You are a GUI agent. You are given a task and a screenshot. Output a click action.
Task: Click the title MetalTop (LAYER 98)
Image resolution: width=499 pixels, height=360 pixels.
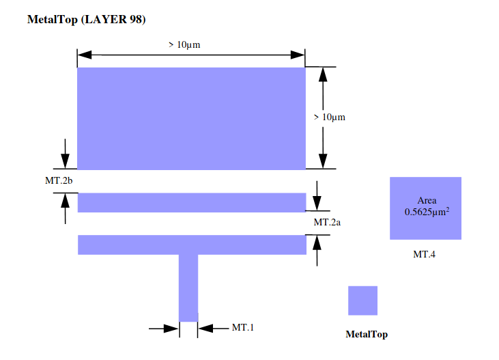(x=85, y=19)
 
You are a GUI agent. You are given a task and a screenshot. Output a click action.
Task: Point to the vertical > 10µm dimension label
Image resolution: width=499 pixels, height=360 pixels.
(x=329, y=117)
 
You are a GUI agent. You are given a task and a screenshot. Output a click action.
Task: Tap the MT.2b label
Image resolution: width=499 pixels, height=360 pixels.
(x=59, y=180)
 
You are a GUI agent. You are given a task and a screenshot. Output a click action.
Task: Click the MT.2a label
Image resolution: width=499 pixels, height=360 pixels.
(x=328, y=222)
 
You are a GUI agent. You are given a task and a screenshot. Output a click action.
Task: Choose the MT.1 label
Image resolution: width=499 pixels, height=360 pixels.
(x=242, y=327)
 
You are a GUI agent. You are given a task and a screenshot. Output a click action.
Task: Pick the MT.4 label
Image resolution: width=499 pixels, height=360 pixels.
(x=424, y=254)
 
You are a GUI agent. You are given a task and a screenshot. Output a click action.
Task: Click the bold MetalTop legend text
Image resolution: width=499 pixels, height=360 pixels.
(x=367, y=334)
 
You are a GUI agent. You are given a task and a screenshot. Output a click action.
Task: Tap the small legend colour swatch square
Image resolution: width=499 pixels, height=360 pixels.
(x=362, y=301)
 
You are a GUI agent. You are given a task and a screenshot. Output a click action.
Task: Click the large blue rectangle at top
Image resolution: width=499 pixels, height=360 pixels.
(x=191, y=117)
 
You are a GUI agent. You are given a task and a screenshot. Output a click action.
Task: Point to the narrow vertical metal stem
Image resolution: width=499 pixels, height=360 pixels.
(x=188, y=287)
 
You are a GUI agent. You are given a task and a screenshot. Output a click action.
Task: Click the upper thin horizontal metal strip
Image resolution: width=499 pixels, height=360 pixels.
(x=191, y=203)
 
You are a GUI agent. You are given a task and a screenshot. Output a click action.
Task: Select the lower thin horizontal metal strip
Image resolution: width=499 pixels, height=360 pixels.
(x=191, y=245)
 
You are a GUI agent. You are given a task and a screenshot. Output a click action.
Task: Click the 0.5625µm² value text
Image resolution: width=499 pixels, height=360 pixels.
(x=427, y=212)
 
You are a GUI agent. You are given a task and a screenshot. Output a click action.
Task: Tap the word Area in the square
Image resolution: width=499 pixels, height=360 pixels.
(x=427, y=200)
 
